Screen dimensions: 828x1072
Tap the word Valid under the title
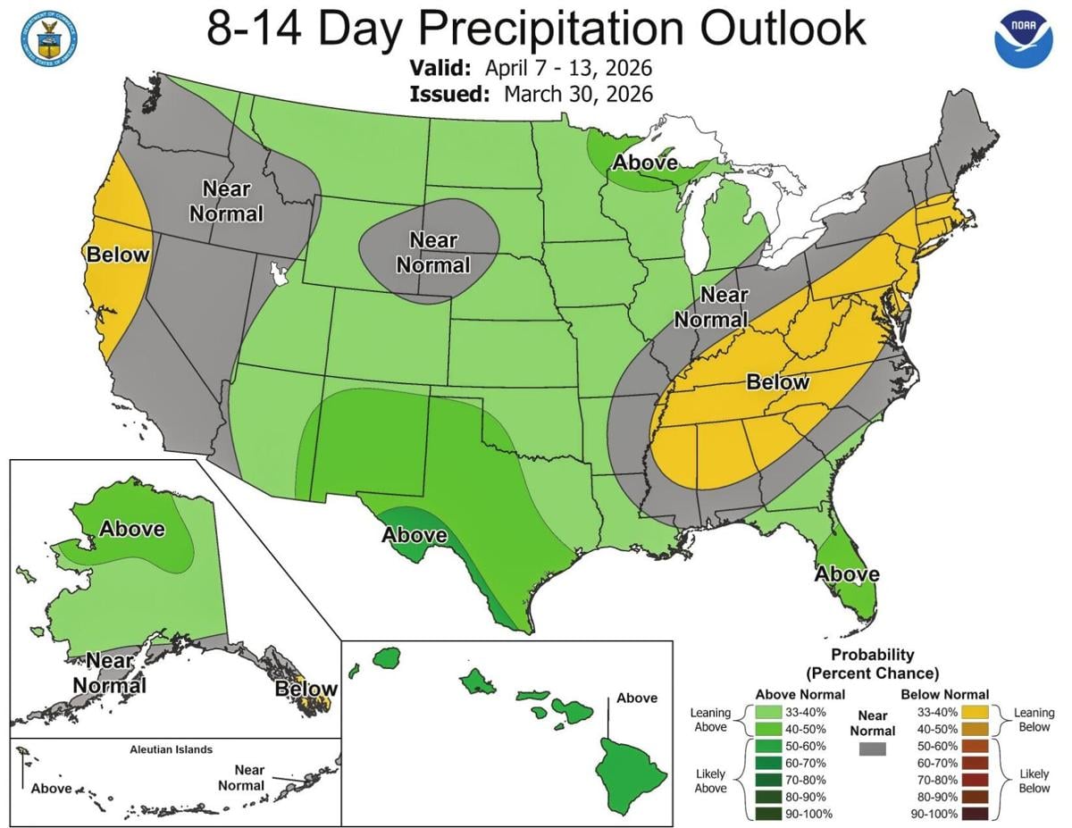[444, 68]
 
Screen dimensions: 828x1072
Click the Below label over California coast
[117, 255]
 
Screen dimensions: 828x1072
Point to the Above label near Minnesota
[645, 163]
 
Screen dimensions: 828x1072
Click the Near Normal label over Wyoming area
[433, 253]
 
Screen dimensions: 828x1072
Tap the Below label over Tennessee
[777, 382]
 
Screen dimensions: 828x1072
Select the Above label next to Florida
[846, 573]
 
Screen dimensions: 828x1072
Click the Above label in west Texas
[415, 535]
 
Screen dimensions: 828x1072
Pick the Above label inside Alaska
[131, 528]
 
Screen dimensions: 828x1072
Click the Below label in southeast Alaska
[306, 689]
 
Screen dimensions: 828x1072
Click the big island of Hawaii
[632, 767]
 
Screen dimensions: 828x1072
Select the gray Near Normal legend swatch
[872, 750]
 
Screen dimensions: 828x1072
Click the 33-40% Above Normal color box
[766, 712]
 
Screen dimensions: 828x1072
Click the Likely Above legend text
[710, 780]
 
